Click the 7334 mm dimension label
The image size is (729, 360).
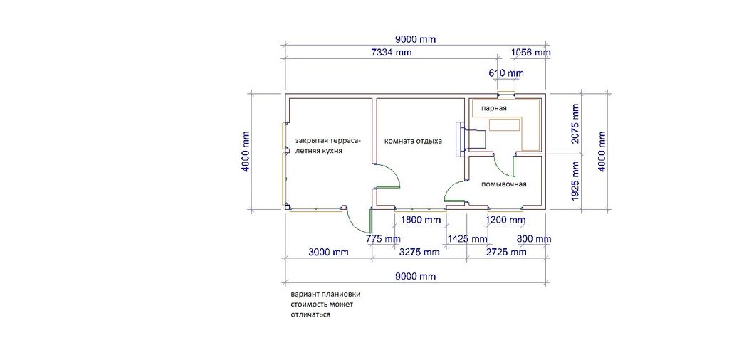pyautogui.click(x=391, y=53)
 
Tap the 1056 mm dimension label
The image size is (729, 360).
pyautogui.click(x=530, y=53)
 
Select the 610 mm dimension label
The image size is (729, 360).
pyautogui.click(x=506, y=73)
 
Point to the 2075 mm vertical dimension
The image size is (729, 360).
pyautogui.click(x=575, y=124)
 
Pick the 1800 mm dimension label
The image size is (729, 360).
pyautogui.click(x=421, y=220)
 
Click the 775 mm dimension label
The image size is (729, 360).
pyautogui.click(x=384, y=239)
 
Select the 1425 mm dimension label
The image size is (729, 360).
pyautogui.click(x=467, y=239)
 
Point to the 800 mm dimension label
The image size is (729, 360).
pyautogui.click(x=534, y=239)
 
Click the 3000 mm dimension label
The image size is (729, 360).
pyautogui.click(x=328, y=253)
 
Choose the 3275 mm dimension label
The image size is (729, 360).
pyautogui.click(x=419, y=253)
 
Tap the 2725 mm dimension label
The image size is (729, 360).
pyautogui.click(x=505, y=253)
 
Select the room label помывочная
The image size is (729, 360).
pyautogui.click(x=503, y=185)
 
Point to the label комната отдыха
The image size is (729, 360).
pyautogui.click(x=413, y=141)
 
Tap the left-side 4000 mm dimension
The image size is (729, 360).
pyautogui.click(x=245, y=152)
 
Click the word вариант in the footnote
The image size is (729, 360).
pyautogui.click(x=305, y=295)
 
